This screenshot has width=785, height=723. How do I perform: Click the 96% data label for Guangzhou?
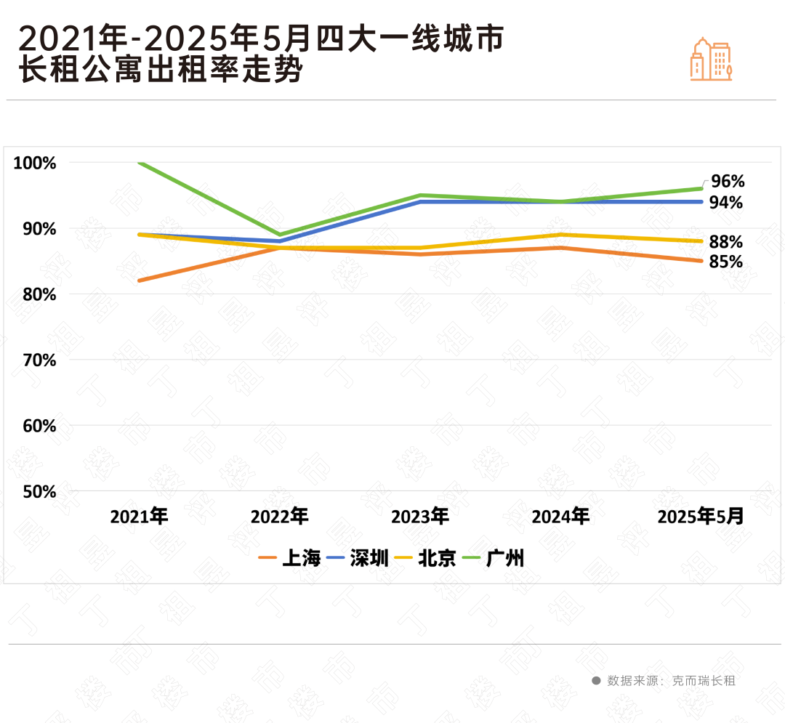click(x=727, y=181)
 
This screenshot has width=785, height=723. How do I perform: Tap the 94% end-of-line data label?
click(x=725, y=203)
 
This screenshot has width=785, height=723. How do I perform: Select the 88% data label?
click(x=725, y=242)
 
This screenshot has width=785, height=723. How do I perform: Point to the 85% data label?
click(x=725, y=262)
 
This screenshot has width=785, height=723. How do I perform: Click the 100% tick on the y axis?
click(x=34, y=163)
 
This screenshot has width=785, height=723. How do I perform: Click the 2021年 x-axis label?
click(x=139, y=517)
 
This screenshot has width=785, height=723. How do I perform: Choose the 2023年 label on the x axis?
click(x=420, y=517)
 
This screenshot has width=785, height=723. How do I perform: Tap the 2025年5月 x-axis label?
click(x=701, y=517)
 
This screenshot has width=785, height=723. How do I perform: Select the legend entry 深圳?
click(x=358, y=558)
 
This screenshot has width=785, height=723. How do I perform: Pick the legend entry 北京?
click(x=425, y=558)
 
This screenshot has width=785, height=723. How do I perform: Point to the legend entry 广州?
click(x=494, y=558)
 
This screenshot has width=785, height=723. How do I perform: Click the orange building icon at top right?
click(x=710, y=59)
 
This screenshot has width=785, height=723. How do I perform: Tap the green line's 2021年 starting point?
click(x=139, y=163)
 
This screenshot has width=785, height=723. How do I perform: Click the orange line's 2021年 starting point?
click(x=139, y=280)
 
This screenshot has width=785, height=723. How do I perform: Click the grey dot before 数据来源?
click(x=596, y=681)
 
